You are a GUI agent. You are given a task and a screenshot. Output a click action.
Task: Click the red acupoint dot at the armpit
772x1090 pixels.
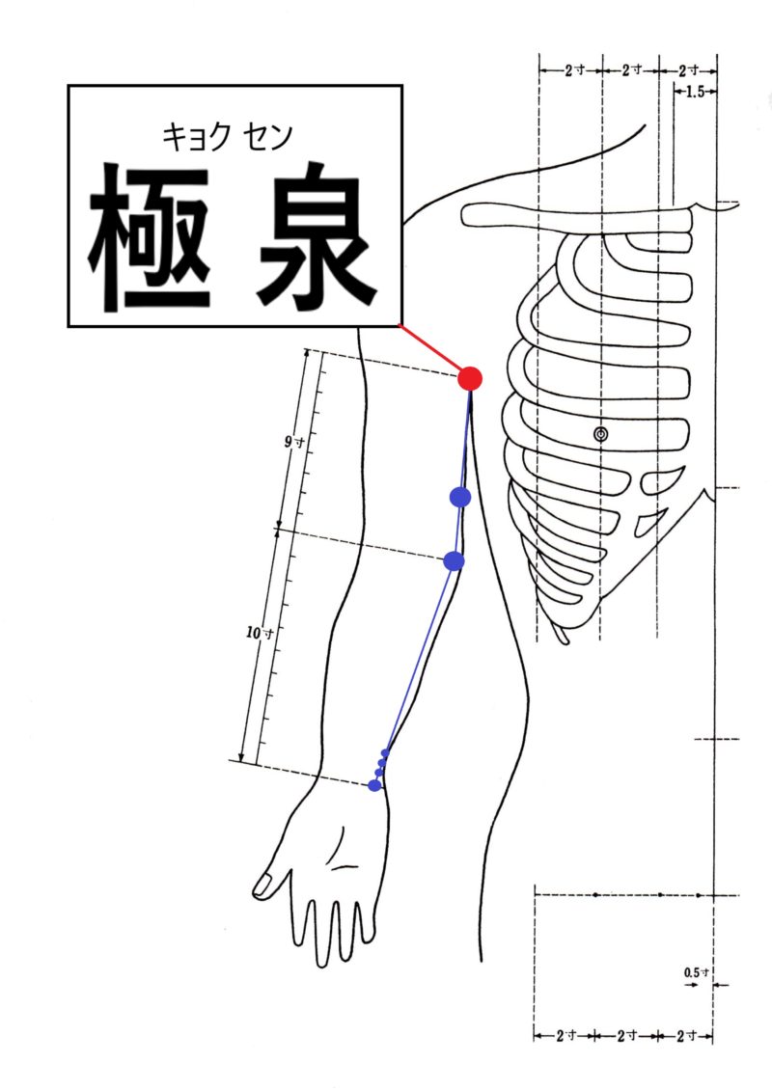(470, 379)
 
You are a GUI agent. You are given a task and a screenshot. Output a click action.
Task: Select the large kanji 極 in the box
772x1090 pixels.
(150, 237)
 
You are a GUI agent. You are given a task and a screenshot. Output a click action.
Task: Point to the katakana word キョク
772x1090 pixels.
(196, 137)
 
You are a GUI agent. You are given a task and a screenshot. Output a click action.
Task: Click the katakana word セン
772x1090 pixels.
(268, 137)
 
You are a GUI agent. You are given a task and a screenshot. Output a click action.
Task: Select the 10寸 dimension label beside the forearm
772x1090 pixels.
(260, 634)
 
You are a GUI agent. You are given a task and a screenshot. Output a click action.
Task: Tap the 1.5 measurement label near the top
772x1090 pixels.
(695, 91)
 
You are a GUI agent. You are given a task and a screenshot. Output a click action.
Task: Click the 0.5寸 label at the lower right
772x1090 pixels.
(696, 972)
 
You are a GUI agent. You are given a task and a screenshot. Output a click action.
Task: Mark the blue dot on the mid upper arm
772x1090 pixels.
(460, 497)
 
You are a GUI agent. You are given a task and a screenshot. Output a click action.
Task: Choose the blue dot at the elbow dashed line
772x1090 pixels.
(454, 560)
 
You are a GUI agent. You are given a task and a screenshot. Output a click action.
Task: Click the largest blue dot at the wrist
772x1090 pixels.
(374, 785)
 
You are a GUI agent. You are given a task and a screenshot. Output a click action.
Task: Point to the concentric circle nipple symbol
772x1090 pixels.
(601, 435)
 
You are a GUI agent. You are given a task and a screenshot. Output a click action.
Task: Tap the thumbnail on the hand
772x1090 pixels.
(262, 885)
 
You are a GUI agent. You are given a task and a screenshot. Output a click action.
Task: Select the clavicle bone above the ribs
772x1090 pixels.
(577, 215)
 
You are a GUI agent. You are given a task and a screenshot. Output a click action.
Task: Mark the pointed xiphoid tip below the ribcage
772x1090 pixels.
(565, 640)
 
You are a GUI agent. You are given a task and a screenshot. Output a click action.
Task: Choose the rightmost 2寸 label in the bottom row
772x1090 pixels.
(687, 1036)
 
